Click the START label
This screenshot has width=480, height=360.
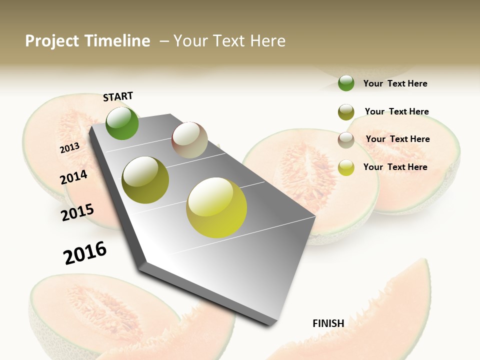click(x=118, y=96)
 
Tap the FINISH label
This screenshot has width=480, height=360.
click(x=328, y=323)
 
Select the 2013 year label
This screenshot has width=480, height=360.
click(x=69, y=147)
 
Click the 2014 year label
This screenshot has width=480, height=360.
click(x=74, y=177)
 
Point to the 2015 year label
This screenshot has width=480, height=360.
click(x=77, y=212)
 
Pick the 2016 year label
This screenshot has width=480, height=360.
click(x=85, y=252)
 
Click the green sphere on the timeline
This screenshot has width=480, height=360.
click(x=122, y=123)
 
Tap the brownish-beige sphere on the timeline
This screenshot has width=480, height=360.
click(x=189, y=140)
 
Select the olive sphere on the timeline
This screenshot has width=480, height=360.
click(x=145, y=180)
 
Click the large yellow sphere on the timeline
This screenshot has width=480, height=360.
click(x=216, y=207)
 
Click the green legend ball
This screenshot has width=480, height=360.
click(x=346, y=83)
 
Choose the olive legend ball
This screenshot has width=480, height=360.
click(x=346, y=112)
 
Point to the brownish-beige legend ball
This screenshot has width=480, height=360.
click(x=346, y=140)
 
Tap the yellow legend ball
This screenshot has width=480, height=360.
click(x=346, y=167)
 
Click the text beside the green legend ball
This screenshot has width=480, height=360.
click(x=395, y=84)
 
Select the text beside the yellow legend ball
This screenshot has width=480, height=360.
click(x=395, y=167)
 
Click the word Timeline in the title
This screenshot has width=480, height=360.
click(x=117, y=41)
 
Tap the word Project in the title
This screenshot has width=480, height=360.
click(x=52, y=41)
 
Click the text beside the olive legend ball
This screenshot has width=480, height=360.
click(x=396, y=111)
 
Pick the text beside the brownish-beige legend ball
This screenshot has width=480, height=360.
click(x=397, y=139)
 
